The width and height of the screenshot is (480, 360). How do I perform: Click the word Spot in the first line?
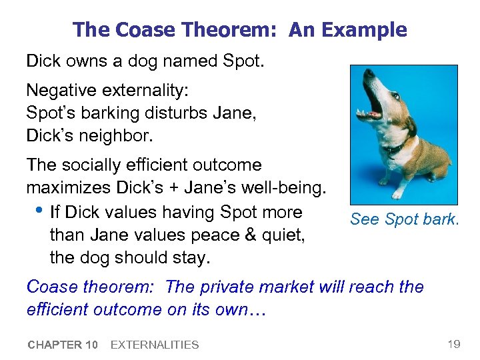[x=244, y=62]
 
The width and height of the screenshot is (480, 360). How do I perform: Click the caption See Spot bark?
[x=404, y=219]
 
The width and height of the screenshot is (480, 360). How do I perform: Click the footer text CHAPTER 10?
[x=63, y=345]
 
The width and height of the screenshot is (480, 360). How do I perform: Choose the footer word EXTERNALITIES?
[x=154, y=345]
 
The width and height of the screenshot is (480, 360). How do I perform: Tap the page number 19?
[x=453, y=344]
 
